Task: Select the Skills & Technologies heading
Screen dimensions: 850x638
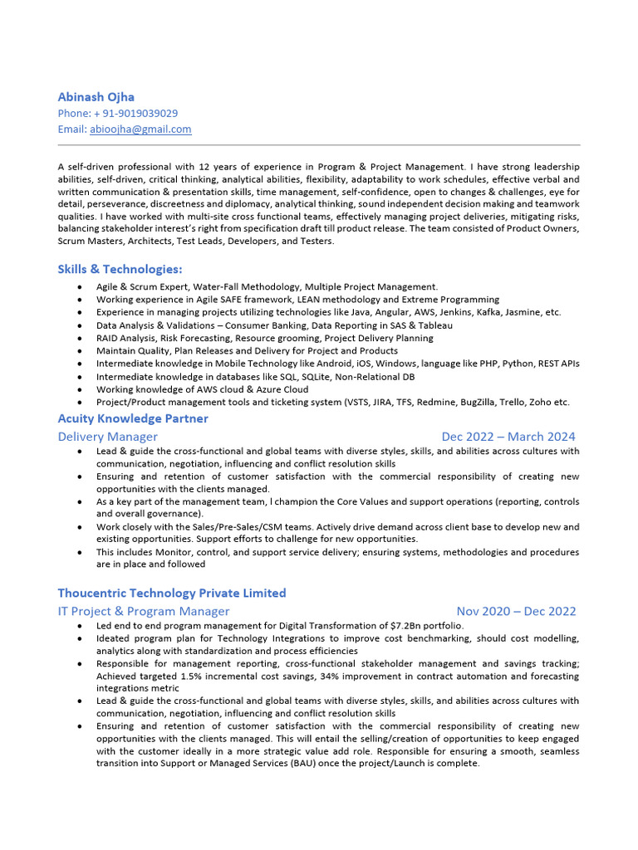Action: tap(120, 269)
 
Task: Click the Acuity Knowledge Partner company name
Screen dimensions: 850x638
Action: tap(133, 418)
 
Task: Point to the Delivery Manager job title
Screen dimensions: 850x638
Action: tap(107, 436)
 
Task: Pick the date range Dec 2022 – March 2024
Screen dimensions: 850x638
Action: tap(508, 436)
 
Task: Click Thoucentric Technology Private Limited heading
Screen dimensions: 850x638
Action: tap(171, 593)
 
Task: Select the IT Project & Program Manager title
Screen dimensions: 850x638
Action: tap(143, 611)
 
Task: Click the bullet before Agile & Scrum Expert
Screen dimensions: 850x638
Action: tap(78, 287)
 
